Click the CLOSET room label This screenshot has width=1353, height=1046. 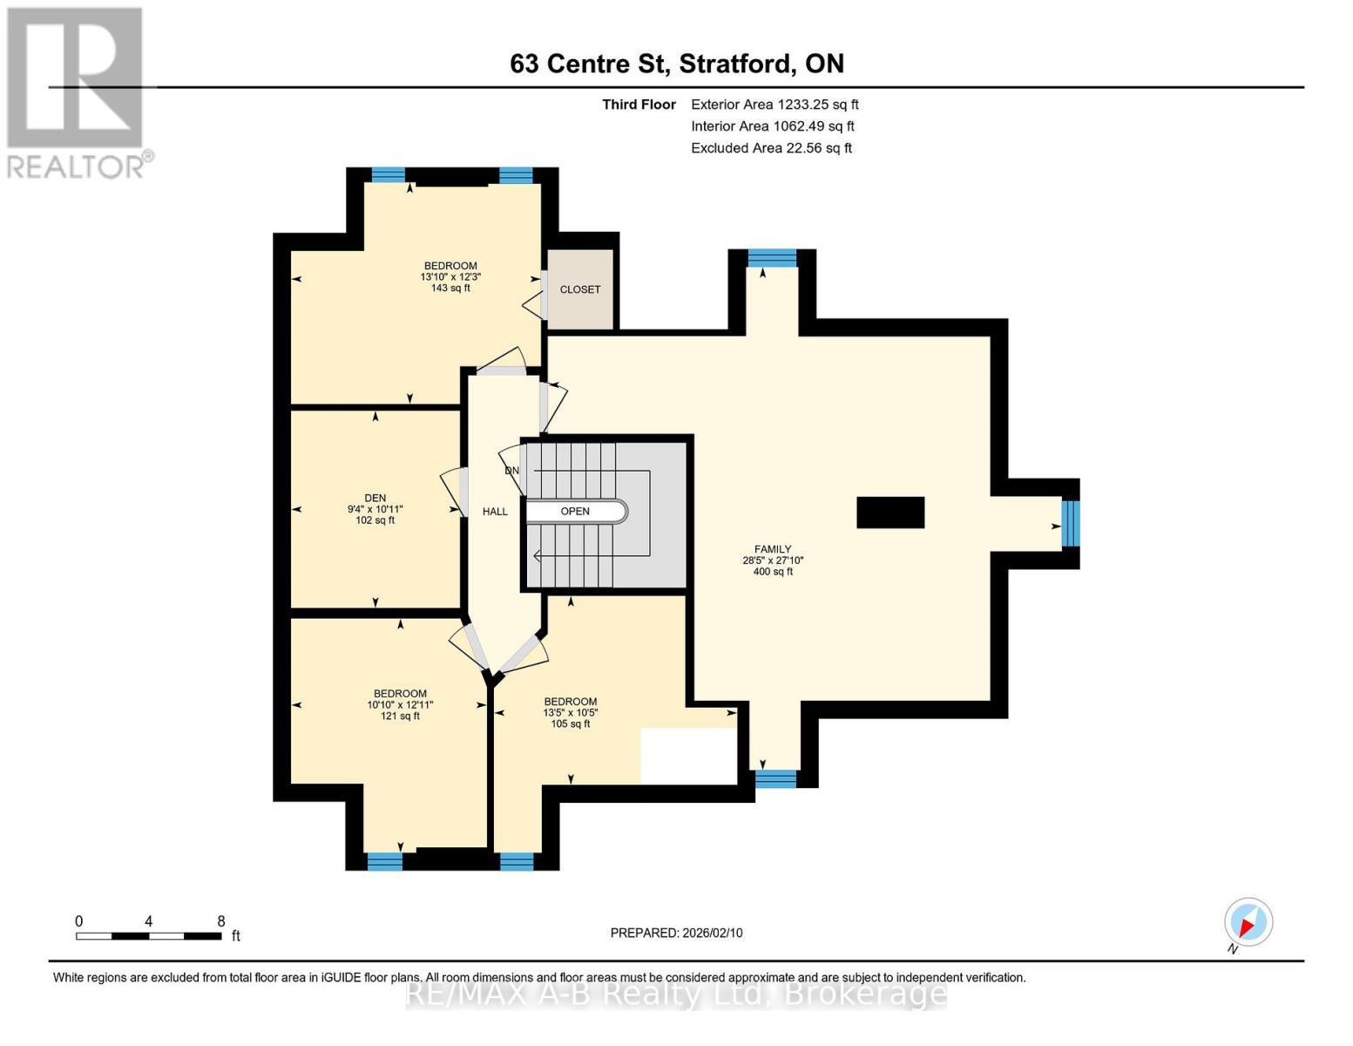(x=580, y=289)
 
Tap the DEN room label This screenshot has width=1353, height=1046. (x=375, y=499)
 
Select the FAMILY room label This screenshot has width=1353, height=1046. (x=773, y=549)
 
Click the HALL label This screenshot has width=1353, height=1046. (x=495, y=512)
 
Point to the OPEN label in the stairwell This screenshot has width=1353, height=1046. (x=575, y=512)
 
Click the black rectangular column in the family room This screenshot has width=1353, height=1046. (x=890, y=513)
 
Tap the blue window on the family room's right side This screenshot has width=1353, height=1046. (x=1070, y=524)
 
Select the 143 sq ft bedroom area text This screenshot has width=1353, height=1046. (x=450, y=289)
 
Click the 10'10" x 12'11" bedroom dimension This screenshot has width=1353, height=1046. (x=400, y=704)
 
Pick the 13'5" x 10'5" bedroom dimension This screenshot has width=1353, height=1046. (x=571, y=712)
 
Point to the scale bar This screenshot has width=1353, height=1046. (x=148, y=936)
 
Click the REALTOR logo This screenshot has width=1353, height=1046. (x=77, y=92)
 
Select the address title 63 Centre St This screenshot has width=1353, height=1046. (x=676, y=64)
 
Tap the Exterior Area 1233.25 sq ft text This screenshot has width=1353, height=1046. (x=775, y=105)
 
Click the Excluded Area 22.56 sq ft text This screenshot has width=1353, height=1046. (x=771, y=148)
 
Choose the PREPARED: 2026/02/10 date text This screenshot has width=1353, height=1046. (x=676, y=933)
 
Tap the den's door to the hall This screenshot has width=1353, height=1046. (x=452, y=493)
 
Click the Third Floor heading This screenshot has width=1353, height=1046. (x=639, y=105)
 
